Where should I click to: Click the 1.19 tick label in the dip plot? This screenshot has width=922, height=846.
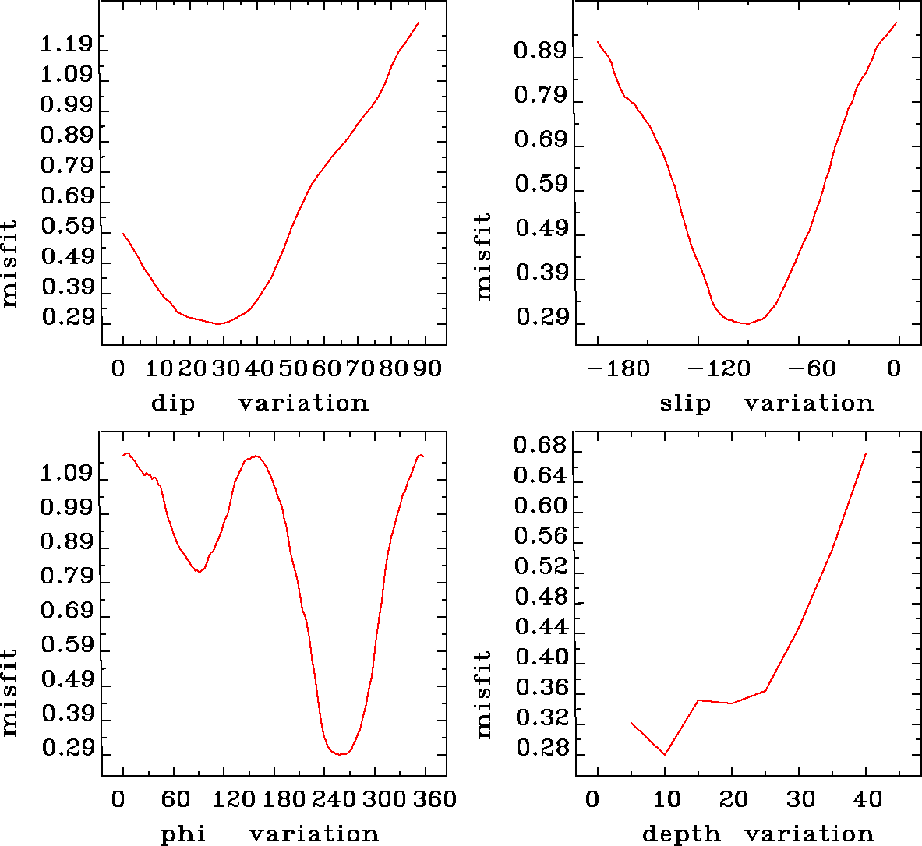tap(66, 44)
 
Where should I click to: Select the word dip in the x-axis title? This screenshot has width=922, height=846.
tap(172, 404)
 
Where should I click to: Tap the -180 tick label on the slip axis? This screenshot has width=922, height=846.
tap(620, 368)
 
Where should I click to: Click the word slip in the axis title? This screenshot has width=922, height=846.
tap(685, 404)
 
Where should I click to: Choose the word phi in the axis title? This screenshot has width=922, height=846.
tap(183, 835)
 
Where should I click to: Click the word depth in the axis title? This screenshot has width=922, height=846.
tap(681, 835)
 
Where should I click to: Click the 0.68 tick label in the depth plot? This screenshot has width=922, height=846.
tap(540, 446)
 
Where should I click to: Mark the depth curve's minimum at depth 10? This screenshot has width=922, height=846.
tap(665, 755)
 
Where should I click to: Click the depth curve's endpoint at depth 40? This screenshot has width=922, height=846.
tap(866, 453)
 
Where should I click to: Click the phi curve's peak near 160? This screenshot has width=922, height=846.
tap(256, 456)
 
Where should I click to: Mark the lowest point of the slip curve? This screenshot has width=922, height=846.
tap(747, 323)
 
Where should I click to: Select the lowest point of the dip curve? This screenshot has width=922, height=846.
tap(220, 323)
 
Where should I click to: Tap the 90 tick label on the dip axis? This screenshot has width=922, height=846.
tap(427, 368)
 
